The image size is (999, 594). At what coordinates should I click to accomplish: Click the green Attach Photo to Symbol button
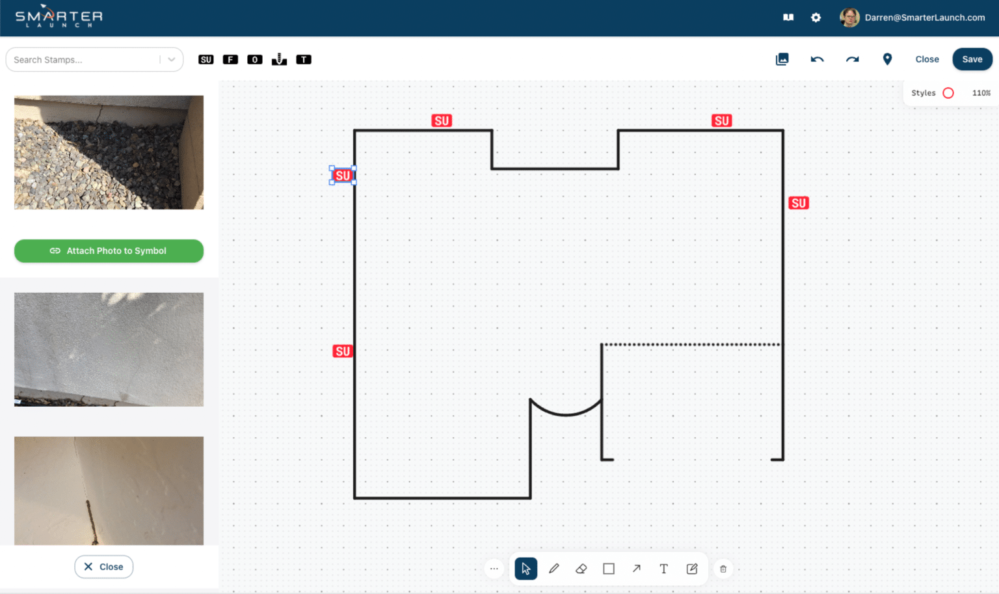tap(109, 251)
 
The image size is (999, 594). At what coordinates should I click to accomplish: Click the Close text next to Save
tap(927, 59)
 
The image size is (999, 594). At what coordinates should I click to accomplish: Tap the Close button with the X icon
tap(103, 567)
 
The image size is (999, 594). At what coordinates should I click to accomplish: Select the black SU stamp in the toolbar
tap(206, 60)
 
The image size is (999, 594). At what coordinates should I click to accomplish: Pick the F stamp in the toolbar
tap(230, 60)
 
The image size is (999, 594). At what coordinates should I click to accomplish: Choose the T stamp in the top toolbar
tap(304, 60)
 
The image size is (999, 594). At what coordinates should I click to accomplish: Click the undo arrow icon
tap(817, 59)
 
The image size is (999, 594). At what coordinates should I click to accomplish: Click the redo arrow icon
tap(852, 59)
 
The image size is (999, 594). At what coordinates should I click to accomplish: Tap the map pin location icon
tap(887, 59)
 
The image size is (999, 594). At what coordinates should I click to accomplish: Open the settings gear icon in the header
tap(816, 18)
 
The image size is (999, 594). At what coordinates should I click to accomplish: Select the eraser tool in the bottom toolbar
tap(581, 569)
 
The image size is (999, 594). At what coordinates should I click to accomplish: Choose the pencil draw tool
tap(554, 569)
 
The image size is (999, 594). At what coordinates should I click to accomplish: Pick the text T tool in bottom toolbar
tap(663, 569)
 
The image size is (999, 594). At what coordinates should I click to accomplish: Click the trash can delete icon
tap(723, 569)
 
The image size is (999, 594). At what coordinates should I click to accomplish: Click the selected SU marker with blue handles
tap(343, 176)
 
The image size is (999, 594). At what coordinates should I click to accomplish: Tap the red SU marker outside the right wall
tap(799, 203)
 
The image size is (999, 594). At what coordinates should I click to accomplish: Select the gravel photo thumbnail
tap(109, 152)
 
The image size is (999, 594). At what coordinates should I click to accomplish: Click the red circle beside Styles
tap(948, 93)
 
